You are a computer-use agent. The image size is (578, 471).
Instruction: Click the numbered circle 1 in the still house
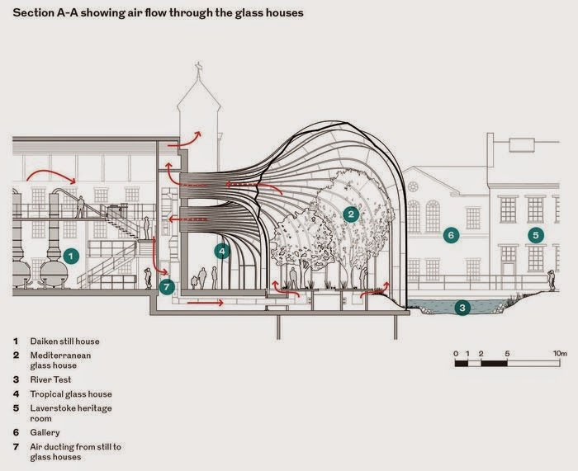[x=71, y=257]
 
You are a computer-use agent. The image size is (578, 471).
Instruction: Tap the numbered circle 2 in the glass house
[x=351, y=214]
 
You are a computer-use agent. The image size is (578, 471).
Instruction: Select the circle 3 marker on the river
[x=463, y=308]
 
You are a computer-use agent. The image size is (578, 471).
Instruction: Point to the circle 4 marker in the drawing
[x=221, y=251]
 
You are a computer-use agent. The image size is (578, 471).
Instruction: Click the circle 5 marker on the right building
[x=535, y=235]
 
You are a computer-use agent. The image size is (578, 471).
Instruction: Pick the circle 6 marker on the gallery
[x=451, y=235]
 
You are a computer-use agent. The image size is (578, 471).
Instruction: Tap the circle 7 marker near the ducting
[x=167, y=287]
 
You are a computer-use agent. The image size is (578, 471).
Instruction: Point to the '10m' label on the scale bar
[x=560, y=353]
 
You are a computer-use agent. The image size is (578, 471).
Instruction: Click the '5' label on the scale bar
[x=507, y=353]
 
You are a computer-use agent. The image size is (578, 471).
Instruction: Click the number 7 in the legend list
[x=15, y=447]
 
